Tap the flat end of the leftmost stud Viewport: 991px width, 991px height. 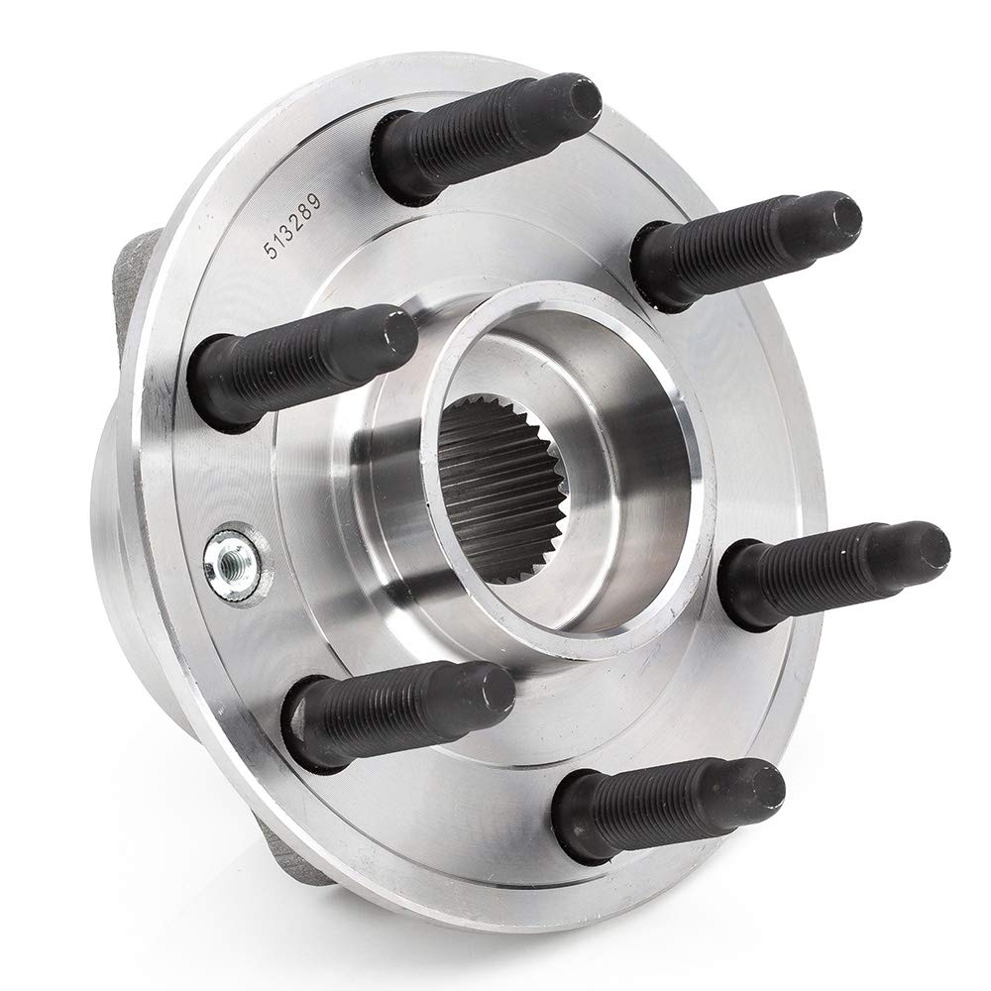tap(401, 330)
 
